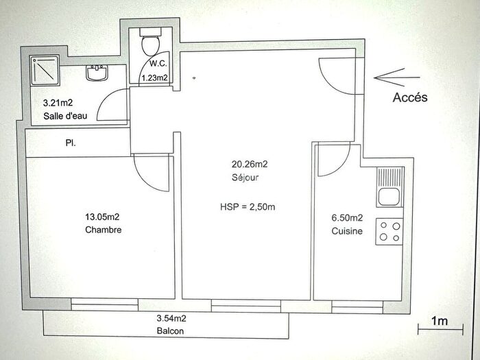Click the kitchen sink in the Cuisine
[388, 187]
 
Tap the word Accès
[410, 97]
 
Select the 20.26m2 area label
[250, 164]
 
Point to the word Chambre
[104, 230]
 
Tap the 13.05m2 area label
[102, 217]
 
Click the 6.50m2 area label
[346, 217]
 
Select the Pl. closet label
[71, 145]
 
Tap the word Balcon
[170, 330]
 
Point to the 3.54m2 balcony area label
[171, 317]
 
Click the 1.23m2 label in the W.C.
[155, 78]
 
